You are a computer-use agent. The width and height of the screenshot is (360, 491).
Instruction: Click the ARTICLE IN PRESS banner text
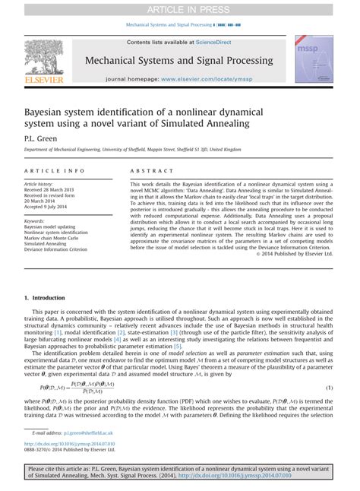[x=179, y=8]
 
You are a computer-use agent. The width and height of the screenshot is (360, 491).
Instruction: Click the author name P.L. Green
[x=39, y=139]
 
